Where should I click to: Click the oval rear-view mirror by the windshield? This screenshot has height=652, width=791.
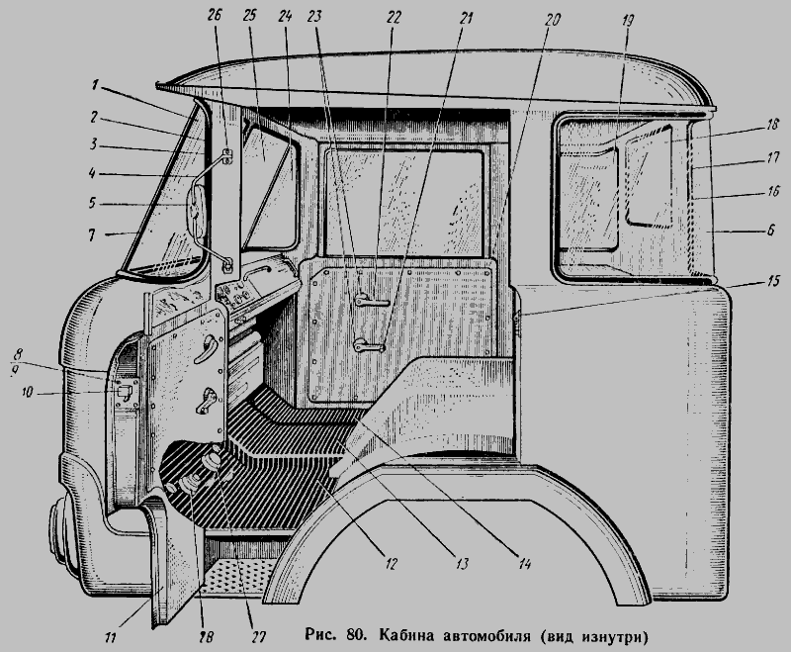point(193,212)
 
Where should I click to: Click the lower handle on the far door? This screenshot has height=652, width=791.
point(369,344)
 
